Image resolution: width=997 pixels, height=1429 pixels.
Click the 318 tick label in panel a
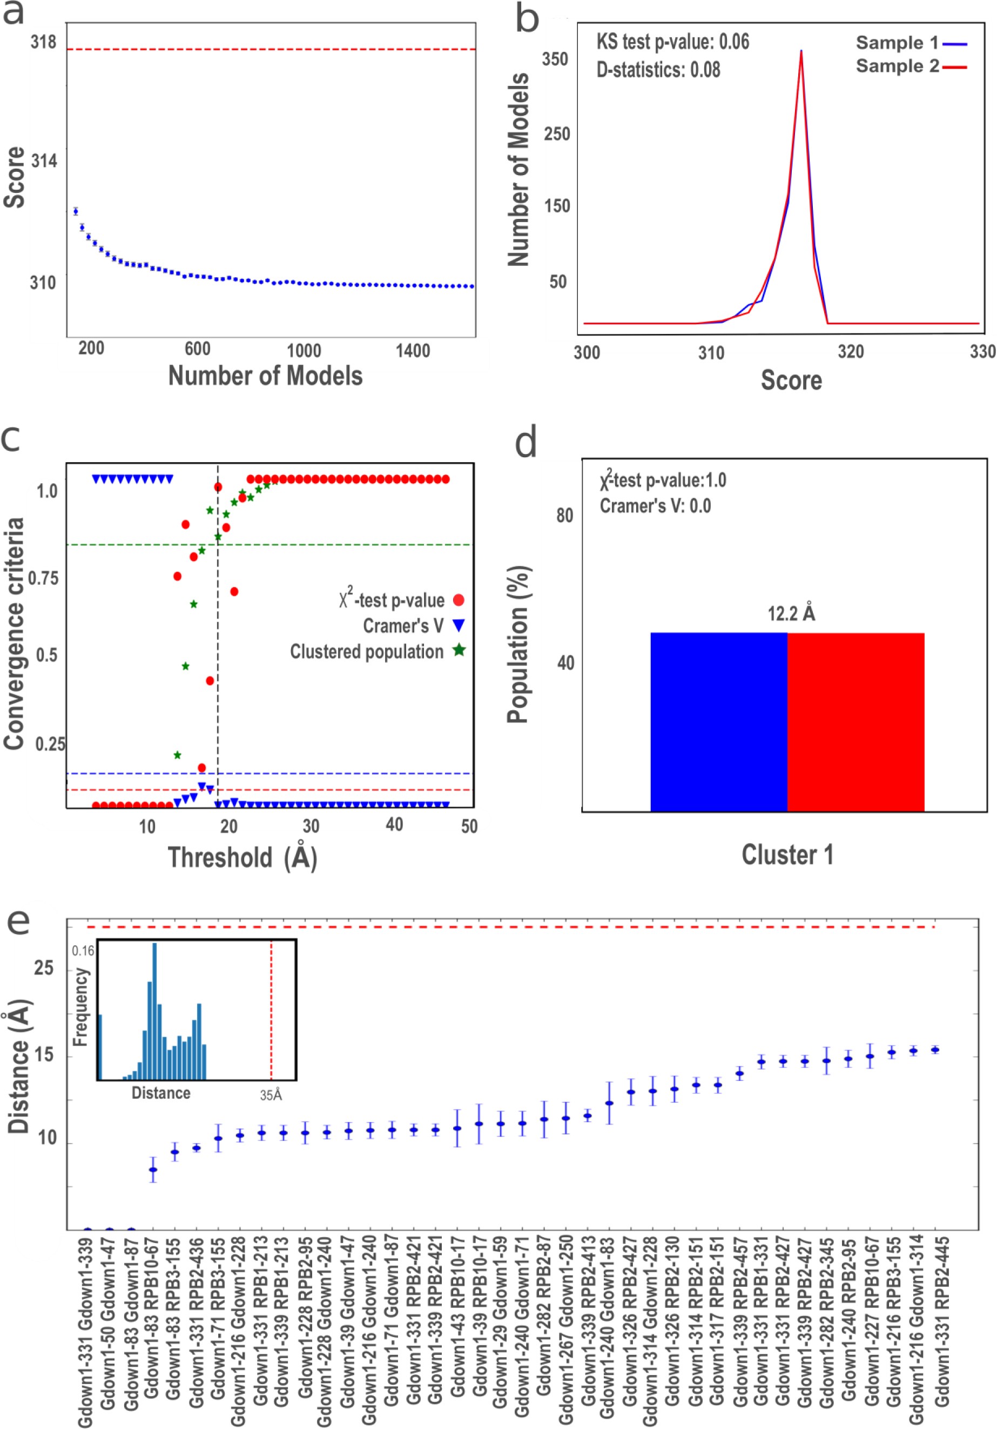click(x=43, y=42)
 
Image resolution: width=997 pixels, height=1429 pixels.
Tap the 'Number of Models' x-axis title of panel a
click(x=265, y=376)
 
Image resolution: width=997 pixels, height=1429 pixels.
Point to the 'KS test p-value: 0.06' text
click(x=672, y=42)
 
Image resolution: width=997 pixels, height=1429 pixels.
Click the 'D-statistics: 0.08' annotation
click(x=658, y=69)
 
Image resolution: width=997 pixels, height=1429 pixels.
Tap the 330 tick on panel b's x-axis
click(x=982, y=352)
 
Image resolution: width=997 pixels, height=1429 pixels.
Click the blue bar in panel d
click(x=718, y=722)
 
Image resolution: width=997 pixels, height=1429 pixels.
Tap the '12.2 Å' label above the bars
click(x=791, y=613)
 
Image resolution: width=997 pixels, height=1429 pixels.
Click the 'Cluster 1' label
click(x=787, y=854)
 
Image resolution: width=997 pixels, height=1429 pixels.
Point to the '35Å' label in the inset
click(x=271, y=1095)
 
